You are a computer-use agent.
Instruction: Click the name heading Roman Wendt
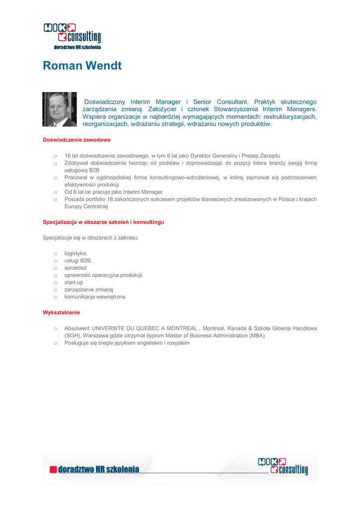82,65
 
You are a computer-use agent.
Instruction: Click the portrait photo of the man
60,109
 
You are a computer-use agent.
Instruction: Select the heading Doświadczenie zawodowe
76,140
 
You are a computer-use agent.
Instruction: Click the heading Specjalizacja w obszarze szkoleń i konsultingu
103,222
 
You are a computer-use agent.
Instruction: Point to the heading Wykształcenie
61,313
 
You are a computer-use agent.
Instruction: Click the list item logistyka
75,253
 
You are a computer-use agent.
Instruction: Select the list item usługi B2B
78,260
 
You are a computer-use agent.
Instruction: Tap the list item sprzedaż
75,268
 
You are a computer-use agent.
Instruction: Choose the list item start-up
73,282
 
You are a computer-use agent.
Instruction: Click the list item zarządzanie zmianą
88,290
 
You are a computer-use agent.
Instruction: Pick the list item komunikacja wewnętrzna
94,297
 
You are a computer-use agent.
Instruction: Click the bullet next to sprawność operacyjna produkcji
56,275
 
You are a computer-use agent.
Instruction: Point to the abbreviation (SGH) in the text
72,336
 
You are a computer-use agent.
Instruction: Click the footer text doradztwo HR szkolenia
98,469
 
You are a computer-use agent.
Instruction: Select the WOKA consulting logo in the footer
283,466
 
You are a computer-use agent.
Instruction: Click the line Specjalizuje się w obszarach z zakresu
90,238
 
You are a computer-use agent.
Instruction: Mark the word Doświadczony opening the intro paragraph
106,102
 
